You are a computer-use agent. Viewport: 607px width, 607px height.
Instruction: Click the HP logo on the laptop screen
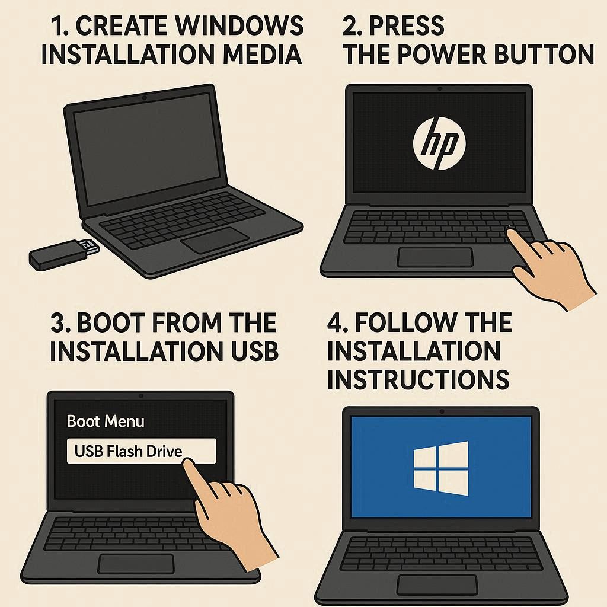coord(439,143)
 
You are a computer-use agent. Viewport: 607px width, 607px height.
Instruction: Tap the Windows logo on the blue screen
coord(440,468)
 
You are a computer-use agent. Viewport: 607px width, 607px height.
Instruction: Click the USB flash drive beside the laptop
coord(65,254)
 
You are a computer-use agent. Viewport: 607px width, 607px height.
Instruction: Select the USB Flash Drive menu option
coord(141,451)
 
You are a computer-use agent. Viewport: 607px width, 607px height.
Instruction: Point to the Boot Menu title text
coord(106,421)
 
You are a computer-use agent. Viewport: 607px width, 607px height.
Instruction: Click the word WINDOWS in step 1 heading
coord(239,26)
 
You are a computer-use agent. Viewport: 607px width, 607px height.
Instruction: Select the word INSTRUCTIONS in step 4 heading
coord(418,379)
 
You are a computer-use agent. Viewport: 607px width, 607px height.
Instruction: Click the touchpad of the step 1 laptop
coord(215,241)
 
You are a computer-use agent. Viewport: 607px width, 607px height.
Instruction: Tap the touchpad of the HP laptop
coord(436,257)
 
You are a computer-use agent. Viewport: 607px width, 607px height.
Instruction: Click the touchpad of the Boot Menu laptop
coord(136,564)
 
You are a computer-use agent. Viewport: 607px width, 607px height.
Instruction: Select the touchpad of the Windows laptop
coord(437,585)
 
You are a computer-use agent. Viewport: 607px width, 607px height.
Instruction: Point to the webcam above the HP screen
coord(439,89)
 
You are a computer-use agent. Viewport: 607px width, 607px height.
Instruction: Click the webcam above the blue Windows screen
coord(442,411)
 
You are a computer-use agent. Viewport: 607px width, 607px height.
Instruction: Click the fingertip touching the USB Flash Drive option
coord(188,463)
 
